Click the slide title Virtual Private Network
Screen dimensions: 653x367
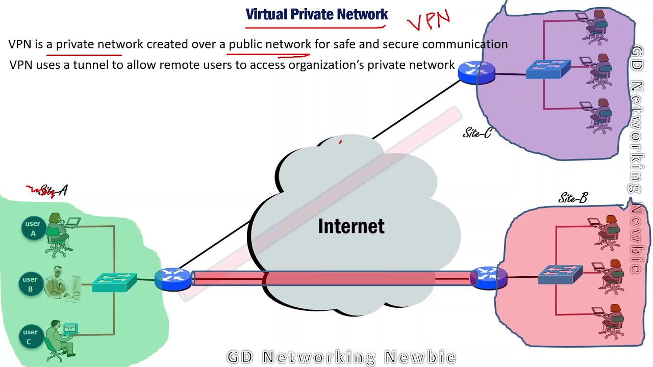(x=317, y=14)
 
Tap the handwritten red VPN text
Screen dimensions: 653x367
(x=429, y=20)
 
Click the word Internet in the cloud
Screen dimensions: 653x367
(x=351, y=226)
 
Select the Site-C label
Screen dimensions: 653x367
(x=477, y=133)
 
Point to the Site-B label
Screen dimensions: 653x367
(x=573, y=198)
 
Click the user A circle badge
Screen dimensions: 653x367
(x=33, y=228)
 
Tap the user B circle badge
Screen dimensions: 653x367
(x=30, y=284)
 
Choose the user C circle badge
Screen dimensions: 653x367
(x=30, y=336)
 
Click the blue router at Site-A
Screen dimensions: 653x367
(x=173, y=279)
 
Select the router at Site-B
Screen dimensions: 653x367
(x=489, y=278)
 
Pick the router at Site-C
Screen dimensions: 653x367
(x=476, y=73)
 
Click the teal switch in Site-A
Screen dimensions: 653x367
(x=114, y=282)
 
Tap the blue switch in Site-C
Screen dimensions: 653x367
(x=548, y=69)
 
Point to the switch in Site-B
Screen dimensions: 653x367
(x=560, y=274)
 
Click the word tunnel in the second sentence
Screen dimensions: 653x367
(x=91, y=65)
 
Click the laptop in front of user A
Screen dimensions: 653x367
(x=72, y=222)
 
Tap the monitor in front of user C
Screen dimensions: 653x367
(x=70, y=329)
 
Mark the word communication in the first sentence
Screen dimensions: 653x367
(x=465, y=44)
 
